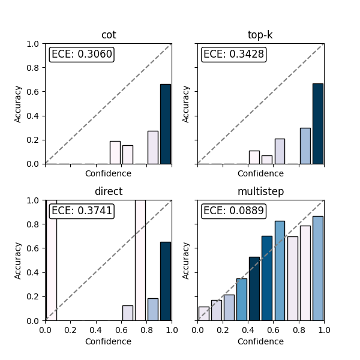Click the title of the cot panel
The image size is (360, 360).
coord(109,35)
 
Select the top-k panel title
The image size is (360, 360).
coord(260,35)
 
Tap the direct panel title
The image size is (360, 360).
coord(109,191)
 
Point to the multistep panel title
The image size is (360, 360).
coord(260,191)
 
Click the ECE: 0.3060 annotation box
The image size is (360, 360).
coord(82,55)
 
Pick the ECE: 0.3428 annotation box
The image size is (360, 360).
coord(234,55)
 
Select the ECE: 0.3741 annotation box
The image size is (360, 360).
coord(82,211)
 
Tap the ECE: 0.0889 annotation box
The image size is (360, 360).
coord(234,211)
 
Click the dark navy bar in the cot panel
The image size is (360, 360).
coord(166,124)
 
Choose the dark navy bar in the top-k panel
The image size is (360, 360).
coord(318,124)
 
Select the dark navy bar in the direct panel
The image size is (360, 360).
coord(166,281)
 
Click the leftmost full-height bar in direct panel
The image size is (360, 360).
coord(52,260)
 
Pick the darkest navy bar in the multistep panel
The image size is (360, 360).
coord(254,289)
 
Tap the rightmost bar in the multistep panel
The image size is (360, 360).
coord(318,268)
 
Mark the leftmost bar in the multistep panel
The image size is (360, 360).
coord(204,314)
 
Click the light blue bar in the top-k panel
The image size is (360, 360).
coord(305,146)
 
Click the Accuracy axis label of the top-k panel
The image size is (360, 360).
coord(185,104)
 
